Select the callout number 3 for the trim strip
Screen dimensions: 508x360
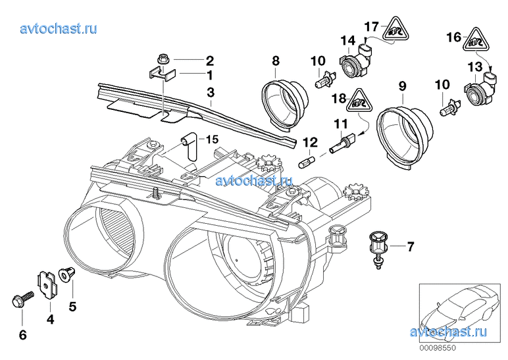click(211, 92)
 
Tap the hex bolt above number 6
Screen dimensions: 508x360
click(22, 299)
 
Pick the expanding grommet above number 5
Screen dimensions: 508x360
click(66, 274)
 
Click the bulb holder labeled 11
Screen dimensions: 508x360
click(342, 143)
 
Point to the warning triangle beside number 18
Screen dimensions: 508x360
click(359, 101)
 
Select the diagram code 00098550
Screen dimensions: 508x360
click(438, 348)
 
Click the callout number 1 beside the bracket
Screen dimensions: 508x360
click(210, 75)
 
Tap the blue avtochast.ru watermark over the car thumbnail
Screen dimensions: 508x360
click(448, 332)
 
